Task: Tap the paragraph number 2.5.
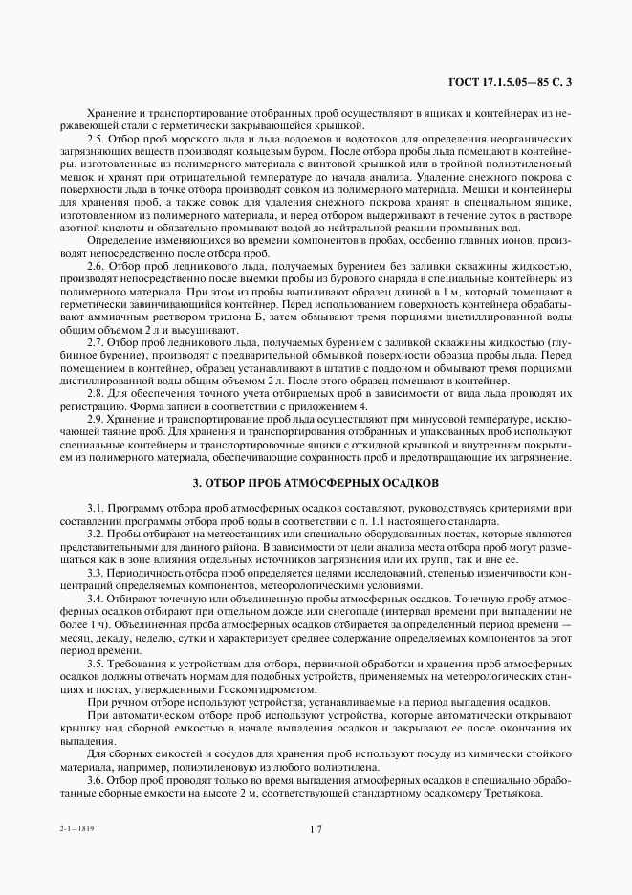[x=97, y=139]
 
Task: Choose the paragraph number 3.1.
[x=97, y=509]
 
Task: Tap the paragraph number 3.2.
[x=97, y=534]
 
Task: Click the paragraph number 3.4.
[x=97, y=597]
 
